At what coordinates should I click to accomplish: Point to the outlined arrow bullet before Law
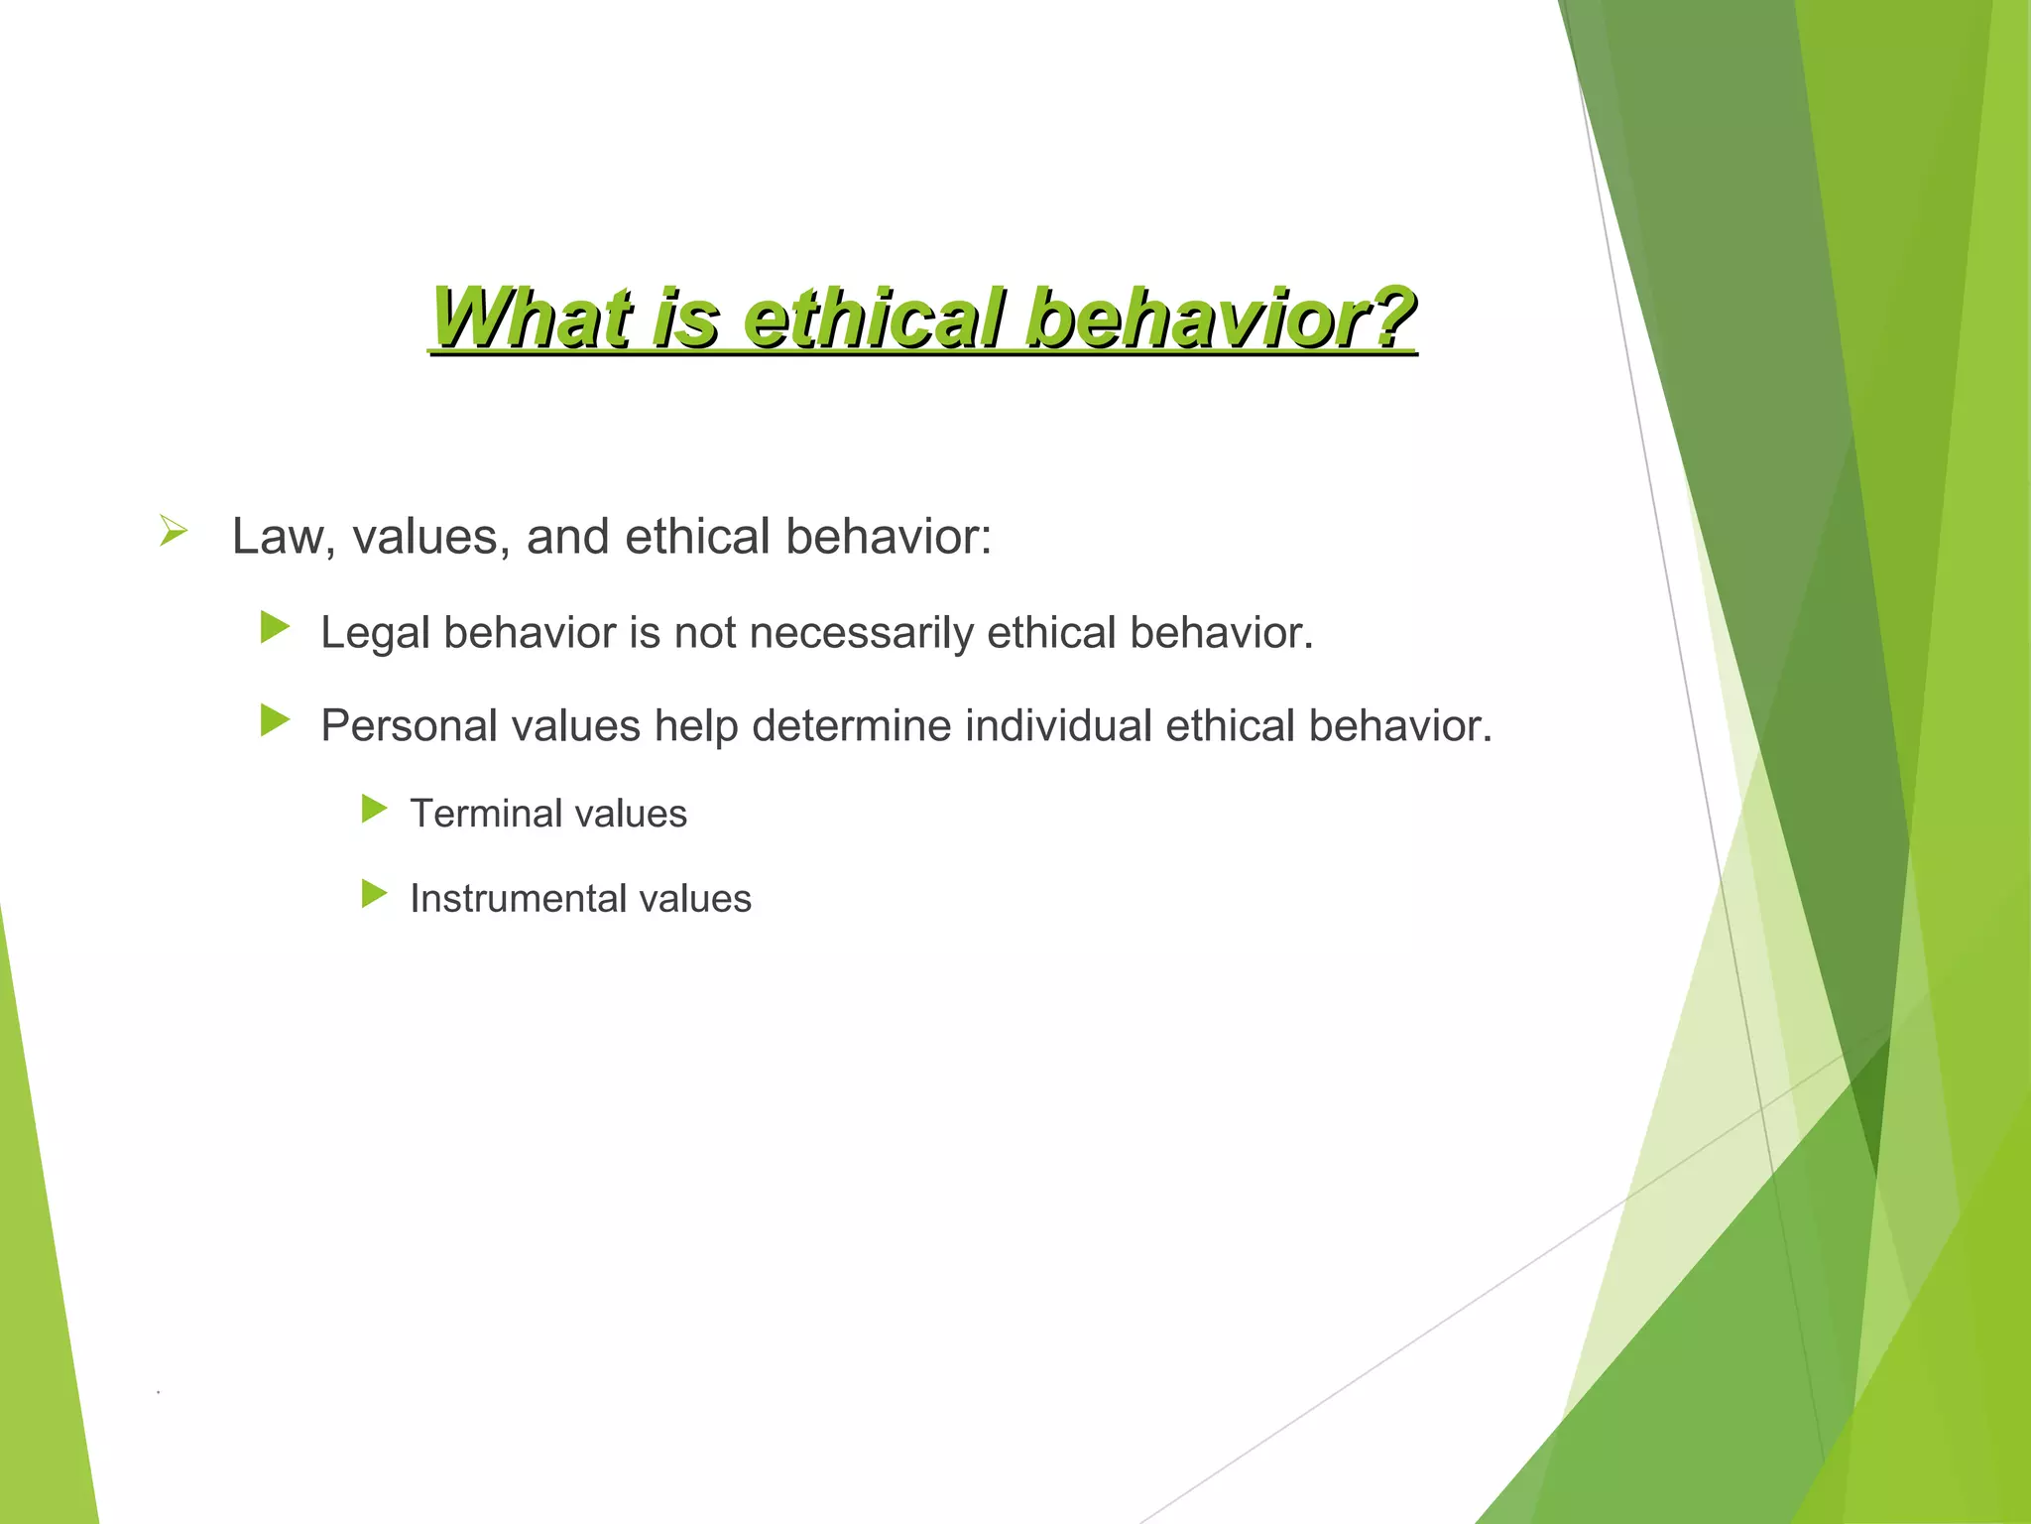click(173, 532)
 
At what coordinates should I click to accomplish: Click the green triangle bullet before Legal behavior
click(275, 627)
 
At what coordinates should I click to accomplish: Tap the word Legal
click(375, 634)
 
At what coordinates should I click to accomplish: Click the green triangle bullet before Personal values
click(275, 720)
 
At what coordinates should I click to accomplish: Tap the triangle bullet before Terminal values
click(374, 809)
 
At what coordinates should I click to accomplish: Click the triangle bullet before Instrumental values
click(374, 894)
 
